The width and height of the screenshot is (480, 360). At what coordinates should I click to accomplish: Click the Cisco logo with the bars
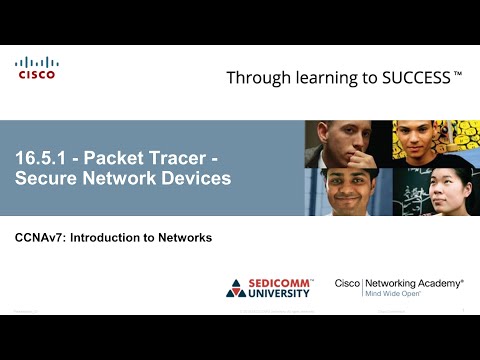pos(36,67)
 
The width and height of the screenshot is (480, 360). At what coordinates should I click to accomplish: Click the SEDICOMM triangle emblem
pos(236,288)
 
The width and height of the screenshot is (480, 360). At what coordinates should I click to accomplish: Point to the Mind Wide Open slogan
pos(400,295)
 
